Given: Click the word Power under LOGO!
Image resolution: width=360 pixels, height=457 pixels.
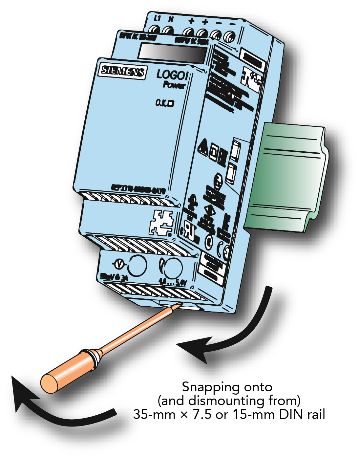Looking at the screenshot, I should point(174,85).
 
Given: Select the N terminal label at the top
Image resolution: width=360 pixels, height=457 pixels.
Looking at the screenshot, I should point(171,20).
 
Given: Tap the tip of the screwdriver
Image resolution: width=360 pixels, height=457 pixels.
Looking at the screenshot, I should point(179,306).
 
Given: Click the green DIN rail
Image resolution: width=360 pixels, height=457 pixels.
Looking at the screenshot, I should point(289,174).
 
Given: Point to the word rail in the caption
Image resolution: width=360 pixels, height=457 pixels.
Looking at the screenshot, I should point(316,415).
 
